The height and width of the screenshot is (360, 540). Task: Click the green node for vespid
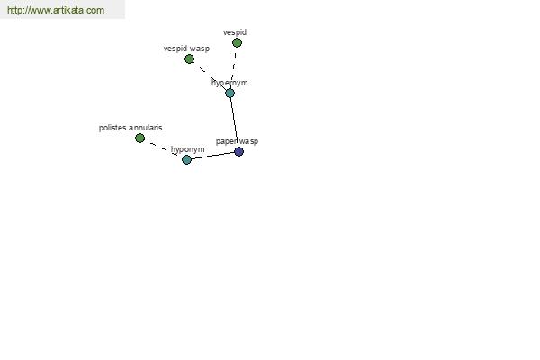(237, 42)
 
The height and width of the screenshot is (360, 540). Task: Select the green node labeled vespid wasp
(189, 58)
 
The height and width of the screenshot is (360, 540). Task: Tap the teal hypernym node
(229, 93)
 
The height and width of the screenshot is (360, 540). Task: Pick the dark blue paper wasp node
(238, 151)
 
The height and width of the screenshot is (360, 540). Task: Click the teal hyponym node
(186, 159)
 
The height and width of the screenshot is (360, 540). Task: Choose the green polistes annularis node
(139, 138)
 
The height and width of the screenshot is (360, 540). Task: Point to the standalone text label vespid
(235, 32)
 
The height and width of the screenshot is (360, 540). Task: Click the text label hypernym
(229, 83)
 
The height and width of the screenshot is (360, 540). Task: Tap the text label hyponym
(188, 149)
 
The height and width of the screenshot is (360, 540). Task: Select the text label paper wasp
(237, 141)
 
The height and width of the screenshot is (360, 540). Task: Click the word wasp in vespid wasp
(200, 49)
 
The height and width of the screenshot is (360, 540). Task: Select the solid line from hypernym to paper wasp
(234, 122)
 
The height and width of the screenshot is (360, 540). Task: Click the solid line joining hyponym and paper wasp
(212, 156)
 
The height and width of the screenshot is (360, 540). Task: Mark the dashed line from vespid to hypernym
(233, 67)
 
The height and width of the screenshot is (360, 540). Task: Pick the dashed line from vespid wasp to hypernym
(210, 76)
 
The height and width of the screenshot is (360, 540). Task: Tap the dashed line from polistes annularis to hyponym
(163, 148)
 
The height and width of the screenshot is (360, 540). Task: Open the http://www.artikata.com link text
(56, 10)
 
